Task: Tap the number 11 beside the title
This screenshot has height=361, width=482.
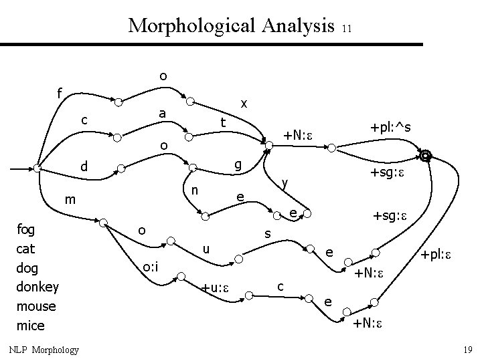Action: point(346,29)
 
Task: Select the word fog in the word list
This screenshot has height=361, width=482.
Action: point(26,229)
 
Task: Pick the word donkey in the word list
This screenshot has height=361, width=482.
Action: point(37,287)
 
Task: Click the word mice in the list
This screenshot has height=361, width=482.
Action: point(30,326)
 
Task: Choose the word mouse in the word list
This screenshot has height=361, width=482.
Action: point(35,306)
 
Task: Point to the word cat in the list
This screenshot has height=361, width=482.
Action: point(25,249)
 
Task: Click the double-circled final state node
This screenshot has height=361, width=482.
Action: point(424,156)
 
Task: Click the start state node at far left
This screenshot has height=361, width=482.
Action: point(38,168)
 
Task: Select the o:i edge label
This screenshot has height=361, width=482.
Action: point(150,268)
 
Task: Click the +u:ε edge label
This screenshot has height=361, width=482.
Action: point(216,288)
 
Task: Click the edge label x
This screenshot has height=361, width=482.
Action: point(244,104)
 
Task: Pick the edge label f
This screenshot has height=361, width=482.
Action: point(60,94)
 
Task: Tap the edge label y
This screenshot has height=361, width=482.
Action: point(285,183)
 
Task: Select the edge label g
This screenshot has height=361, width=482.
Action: point(238,164)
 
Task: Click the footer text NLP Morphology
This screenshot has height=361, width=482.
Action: point(44,350)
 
